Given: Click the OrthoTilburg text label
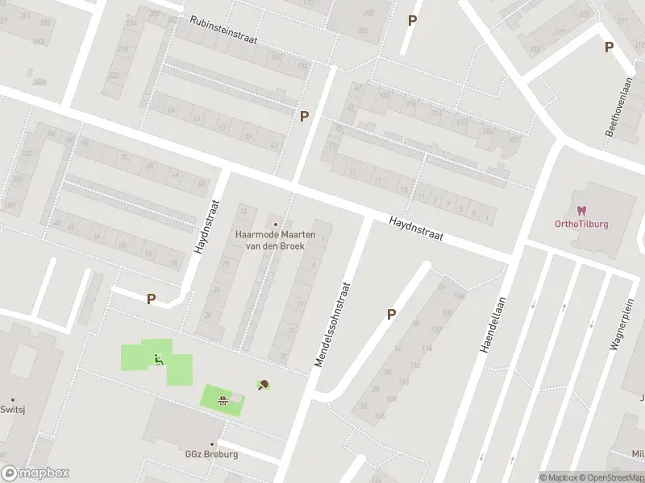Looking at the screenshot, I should point(581,224).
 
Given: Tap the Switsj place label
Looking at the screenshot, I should point(13,410).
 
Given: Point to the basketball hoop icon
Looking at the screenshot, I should point(222,398).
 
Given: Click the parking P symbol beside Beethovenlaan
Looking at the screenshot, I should point(609,47).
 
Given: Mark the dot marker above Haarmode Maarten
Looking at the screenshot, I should point(275,225).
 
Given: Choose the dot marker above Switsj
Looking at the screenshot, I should point(13,399).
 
